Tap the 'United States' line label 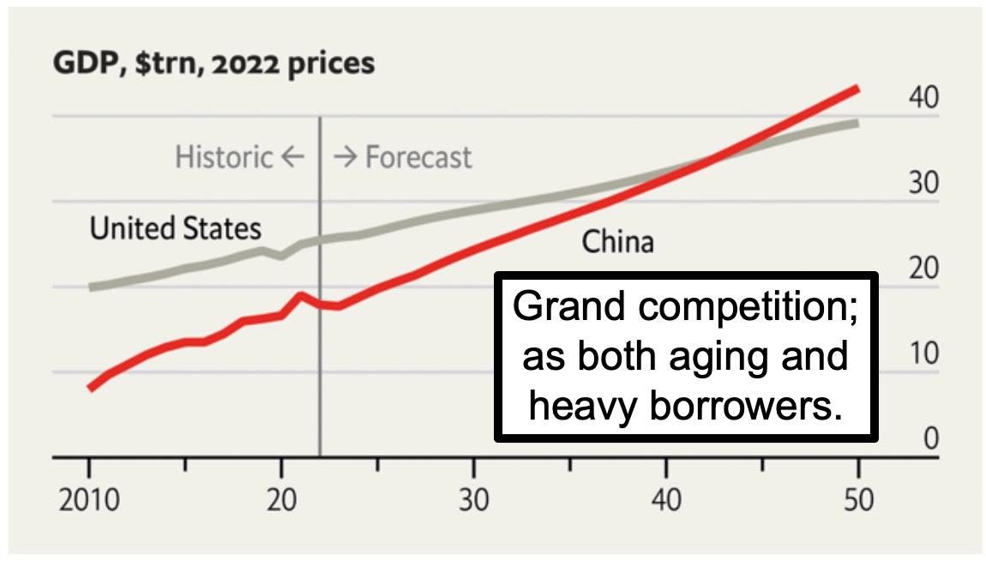pyautogui.click(x=176, y=228)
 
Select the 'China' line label pyautogui.click(x=617, y=242)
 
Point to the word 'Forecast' pyautogui.click(x=418, y=157)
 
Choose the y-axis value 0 pyautogui.click(x=931, y=438)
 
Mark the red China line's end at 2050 pyautogui.click(x=857, y=88)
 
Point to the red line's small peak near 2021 pyautogui.click(x=300, y=295)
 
